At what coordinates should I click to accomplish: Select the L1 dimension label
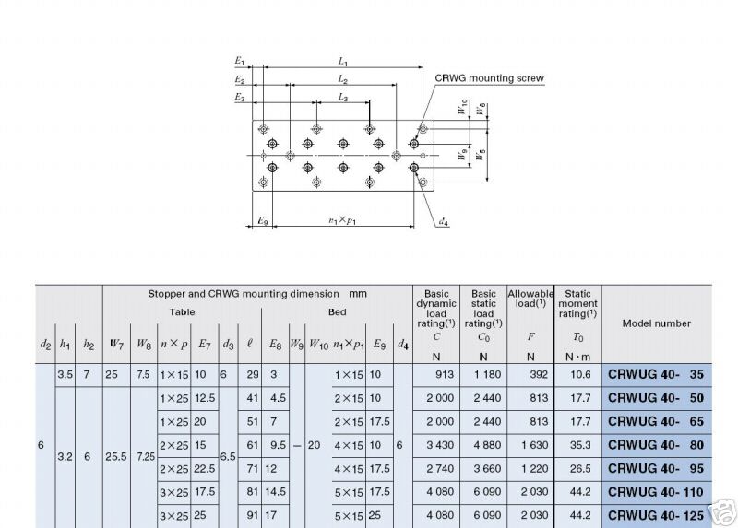tap(342, 62)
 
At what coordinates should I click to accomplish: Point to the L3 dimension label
tap(342, 97)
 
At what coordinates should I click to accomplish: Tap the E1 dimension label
tap(240, 62)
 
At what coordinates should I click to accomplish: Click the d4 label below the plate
tap(444, 221)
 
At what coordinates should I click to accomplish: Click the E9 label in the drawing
tap(263, 222)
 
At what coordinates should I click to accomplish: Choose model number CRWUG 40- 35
tap(657, 374)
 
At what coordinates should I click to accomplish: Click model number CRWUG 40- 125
tap(657, 514)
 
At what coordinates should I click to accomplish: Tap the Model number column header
tap(657, 323)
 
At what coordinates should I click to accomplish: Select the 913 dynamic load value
tap(442, 375)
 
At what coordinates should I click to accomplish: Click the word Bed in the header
tap(338, 311)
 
